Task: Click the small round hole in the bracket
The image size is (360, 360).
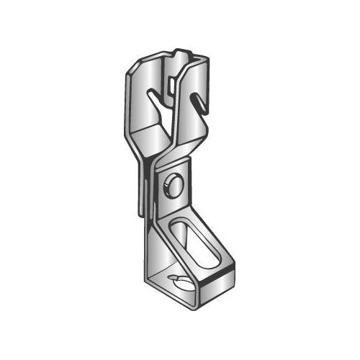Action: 173,183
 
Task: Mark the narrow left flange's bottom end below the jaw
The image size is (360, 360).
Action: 138,210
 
